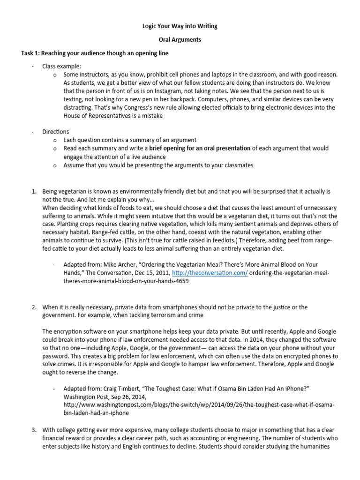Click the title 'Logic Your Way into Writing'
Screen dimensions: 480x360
click(x=180, y=27)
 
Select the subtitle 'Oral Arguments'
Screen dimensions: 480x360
click(x=180, y=40)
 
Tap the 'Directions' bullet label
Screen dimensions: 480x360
click(x=55, y=132)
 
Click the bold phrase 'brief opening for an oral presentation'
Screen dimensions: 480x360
click(x=200, y=148)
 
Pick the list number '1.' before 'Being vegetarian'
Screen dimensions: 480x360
click(x=34, y=191)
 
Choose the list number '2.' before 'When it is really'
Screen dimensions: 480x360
click(x=34, y=307)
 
